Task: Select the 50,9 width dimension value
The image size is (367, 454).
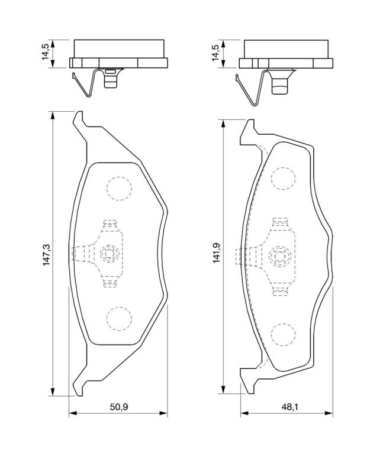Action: click(x=119, y=407)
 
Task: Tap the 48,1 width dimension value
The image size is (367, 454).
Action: click(x=289, y=407)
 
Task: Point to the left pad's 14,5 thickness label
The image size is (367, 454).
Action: click(x=46, y=52)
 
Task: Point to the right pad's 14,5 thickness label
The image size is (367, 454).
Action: click(x=216, y=53)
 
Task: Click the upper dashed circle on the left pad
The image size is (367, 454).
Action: click(x=119, y=189)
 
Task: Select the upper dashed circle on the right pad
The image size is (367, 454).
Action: click(x=284, y=179)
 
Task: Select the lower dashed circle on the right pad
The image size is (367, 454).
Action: click(x=284, y=335)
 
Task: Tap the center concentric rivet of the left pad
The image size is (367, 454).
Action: click(x=110, y=254)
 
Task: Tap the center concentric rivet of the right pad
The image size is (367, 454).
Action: click(x=279, y=256)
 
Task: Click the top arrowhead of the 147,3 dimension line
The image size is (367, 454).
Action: click(x=53, y=115)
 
